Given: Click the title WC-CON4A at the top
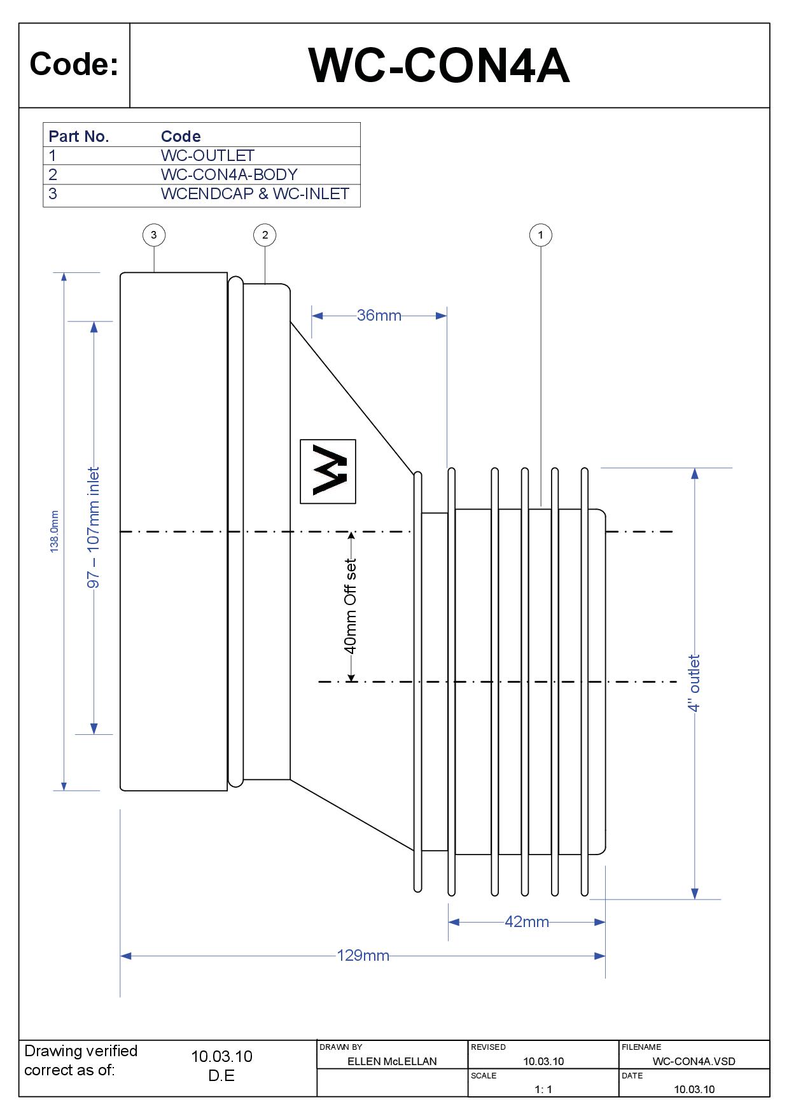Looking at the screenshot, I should tap(439, 66).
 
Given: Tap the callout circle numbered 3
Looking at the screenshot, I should tap(154, 235).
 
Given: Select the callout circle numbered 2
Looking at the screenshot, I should tap(265, 235).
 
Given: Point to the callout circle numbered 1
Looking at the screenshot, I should tap(541, 235).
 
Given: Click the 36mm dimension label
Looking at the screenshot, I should tap(379, 316).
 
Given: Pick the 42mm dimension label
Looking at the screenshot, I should tap(526, 922).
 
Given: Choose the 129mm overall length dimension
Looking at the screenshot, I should tap(363, 956).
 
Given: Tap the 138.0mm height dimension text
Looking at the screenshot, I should tap(55, 531).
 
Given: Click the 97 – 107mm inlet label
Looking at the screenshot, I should tap(94, 528).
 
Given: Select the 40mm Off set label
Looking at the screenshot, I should tap(350, 606).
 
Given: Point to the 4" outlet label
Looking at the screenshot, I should tap(694, 683).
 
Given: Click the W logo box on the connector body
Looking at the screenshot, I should tap(328, 471).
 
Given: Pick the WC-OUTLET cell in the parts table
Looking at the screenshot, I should tap(207, 156).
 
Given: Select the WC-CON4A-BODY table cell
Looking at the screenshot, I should tap(229, 175).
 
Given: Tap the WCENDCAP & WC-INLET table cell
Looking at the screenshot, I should tap(255, 194).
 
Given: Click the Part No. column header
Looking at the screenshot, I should tap(79, 136).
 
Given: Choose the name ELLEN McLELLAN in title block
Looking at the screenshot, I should tap(392, 1061).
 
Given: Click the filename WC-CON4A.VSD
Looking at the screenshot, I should tap(694, 1061).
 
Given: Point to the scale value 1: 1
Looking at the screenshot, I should tap(543, 1089).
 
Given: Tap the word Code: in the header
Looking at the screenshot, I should tap(74, 65).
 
